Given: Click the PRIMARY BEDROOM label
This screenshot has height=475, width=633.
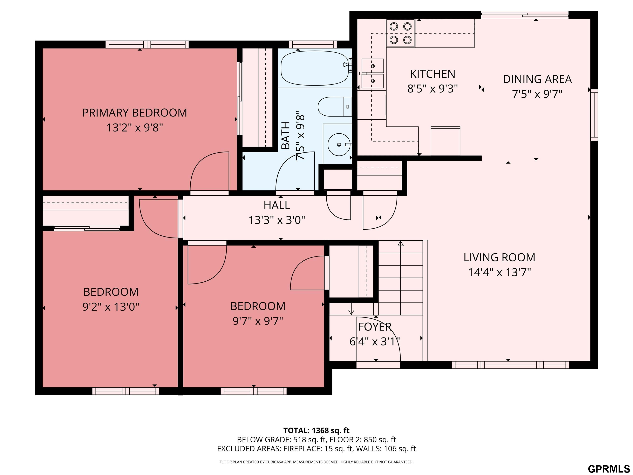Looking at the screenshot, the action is tap(135, 113).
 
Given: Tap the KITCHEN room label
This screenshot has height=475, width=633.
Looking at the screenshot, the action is tap(432, 74).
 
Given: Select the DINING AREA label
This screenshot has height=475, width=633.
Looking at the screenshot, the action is tap(537, 79).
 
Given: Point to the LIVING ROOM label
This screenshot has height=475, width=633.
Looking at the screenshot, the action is tap(499, 257).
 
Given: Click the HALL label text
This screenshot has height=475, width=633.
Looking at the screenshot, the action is tap(277, 205).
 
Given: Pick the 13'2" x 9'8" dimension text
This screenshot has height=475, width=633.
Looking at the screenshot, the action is tap(135, 127).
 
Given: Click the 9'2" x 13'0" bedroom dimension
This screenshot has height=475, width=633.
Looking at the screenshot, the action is tap(111, 307).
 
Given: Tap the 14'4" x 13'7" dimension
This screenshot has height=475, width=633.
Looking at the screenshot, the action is tap(499, 272).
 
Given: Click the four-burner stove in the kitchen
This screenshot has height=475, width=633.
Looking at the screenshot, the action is tap(401, 33).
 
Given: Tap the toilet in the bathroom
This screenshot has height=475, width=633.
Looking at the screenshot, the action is tap(334, 107).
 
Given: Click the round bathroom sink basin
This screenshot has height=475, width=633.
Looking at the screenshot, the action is tap(339, 145).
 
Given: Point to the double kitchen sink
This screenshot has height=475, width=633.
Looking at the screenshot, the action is tap(373, 74).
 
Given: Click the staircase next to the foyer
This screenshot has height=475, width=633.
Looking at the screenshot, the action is tap(401, 278).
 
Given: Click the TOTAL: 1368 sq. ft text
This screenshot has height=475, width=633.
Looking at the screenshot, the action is tap(316, 431).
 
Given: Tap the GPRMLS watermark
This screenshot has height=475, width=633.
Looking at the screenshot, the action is tap(609, 469).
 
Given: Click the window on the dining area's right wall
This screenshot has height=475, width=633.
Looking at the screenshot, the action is tap(594, 115).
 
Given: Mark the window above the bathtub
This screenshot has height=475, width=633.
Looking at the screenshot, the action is tap(313, 44).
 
